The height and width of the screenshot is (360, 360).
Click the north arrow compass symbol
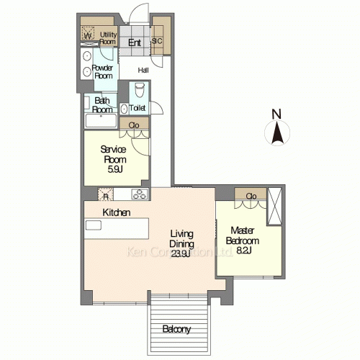click(277, 132)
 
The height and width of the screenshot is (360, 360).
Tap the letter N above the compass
click(276, 114)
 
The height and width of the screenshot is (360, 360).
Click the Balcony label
click(176, 329)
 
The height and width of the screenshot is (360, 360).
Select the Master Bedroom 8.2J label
click(243, 240)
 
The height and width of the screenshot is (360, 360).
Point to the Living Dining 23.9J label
click(181, 243)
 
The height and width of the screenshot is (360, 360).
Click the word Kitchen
click(117, 212)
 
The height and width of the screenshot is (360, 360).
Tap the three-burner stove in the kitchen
click(140, 194)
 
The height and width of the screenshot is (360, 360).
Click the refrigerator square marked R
click(105, 194)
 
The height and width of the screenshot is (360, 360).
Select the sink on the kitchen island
click(94, 225)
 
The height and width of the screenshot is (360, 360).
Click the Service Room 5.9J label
click(114, 159)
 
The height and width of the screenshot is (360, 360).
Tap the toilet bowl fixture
click(139, 90)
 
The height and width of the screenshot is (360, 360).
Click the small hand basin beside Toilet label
click(124, 109)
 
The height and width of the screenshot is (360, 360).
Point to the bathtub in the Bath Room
click(101, 120)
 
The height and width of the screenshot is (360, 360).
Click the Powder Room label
click(103, 72)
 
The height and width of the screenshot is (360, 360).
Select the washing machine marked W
click(88, 33)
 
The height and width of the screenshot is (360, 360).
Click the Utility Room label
click(108, 38)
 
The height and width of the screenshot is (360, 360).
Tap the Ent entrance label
click(135, 42)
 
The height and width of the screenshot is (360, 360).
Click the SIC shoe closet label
click(157, 41)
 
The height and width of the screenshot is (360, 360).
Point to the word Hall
click(143, 71)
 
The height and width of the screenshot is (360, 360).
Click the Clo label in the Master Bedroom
click(251, 197)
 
